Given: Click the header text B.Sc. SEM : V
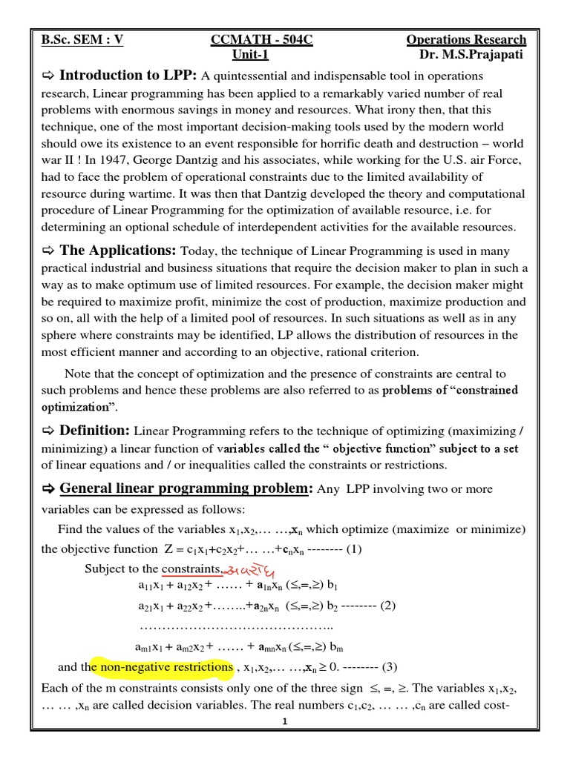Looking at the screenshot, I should (82, 40).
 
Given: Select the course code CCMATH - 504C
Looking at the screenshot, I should (262, 40).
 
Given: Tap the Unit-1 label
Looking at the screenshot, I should (251, 55).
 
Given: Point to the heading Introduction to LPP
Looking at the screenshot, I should (128, 76).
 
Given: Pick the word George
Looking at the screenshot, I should (239, 160).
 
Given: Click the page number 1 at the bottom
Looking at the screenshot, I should (284, 721).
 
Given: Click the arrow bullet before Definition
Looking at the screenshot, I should (49, 431).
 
